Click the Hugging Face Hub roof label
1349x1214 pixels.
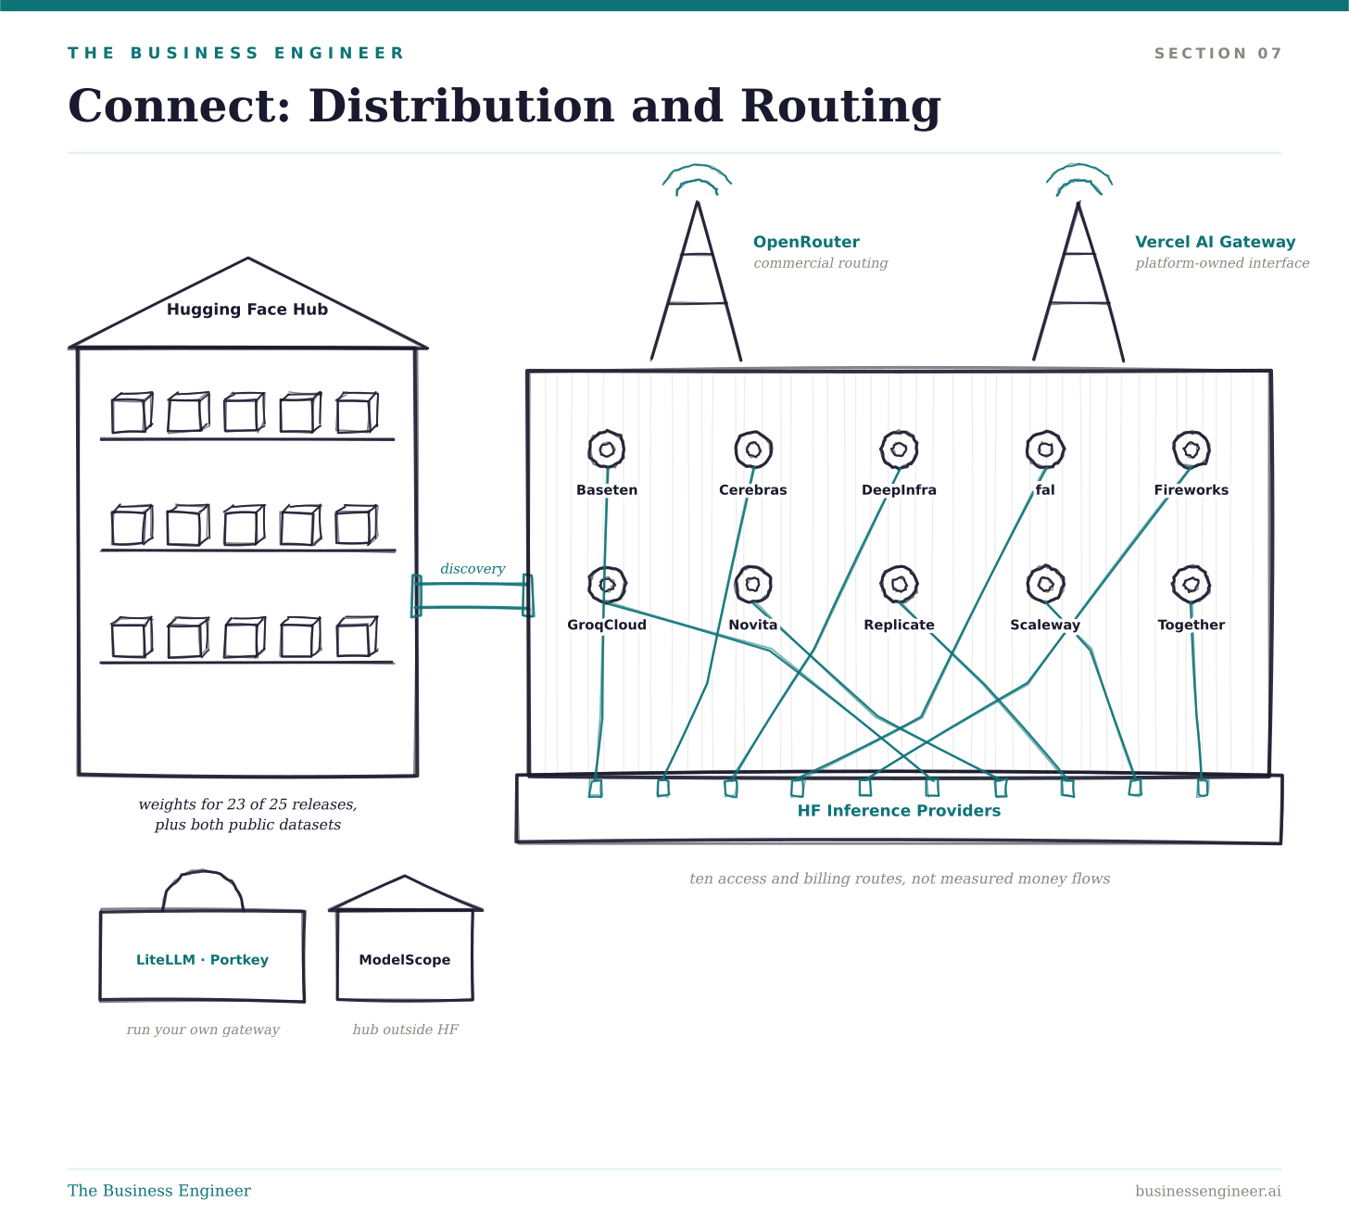coord(246,310)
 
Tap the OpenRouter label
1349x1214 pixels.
coord(806,242)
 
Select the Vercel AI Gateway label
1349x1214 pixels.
coord(1215,242)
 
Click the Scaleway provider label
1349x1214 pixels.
coord(1045,625)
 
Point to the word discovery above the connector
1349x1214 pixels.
coord(473,569)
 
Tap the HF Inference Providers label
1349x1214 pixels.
coord(899,810)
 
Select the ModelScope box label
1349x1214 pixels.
coord(404,960)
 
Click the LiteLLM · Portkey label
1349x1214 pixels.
coord(202,960)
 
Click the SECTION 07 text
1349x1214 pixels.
coord(1217,53)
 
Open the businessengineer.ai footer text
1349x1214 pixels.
coord(1208,1191)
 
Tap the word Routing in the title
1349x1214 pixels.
coord(840,107)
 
